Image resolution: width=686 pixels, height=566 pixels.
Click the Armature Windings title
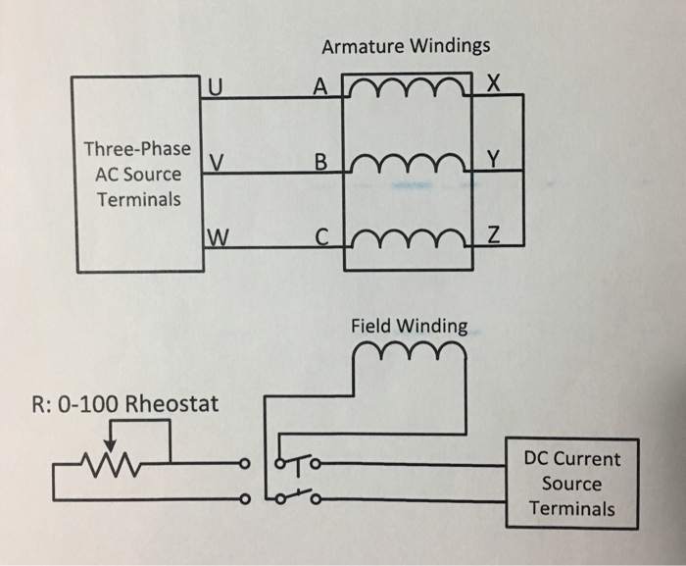406,46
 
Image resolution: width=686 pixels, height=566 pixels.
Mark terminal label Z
493,236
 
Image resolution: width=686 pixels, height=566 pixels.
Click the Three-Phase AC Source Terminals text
137,175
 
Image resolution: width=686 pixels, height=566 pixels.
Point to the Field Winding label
409,325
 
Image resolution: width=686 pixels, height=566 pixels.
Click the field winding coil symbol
409,351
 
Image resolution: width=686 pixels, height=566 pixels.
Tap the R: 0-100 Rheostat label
125,403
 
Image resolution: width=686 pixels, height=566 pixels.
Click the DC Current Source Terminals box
571,484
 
